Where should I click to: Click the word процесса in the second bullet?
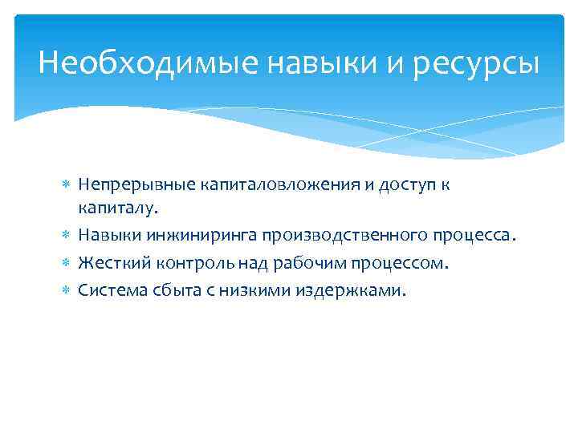point(474,236)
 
